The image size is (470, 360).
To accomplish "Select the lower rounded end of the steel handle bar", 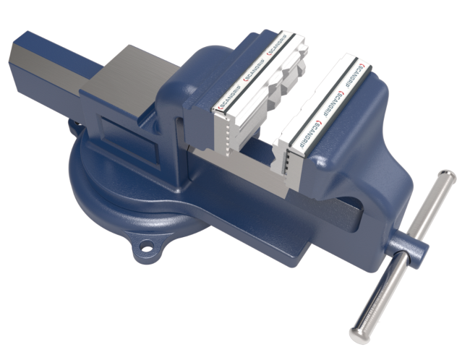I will click(x=359, y=333).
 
